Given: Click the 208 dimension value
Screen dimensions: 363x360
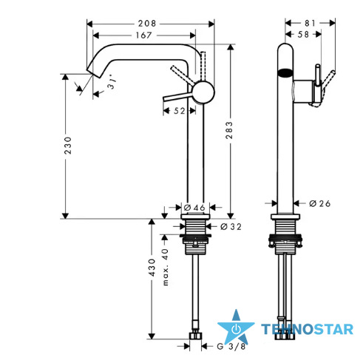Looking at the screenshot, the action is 147,24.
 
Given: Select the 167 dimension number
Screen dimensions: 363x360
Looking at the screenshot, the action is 144,35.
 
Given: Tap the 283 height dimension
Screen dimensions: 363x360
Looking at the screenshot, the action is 229,130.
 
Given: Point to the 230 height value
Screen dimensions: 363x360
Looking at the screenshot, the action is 67,146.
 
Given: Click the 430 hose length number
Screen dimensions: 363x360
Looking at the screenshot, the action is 152,268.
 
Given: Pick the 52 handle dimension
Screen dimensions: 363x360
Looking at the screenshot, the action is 180,111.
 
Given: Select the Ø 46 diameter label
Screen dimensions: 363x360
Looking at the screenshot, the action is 194,208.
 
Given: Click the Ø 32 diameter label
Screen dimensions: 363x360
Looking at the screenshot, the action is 231,226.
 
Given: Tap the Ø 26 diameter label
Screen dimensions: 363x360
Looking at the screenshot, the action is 320,203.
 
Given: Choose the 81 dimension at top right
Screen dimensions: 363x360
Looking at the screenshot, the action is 310,23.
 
